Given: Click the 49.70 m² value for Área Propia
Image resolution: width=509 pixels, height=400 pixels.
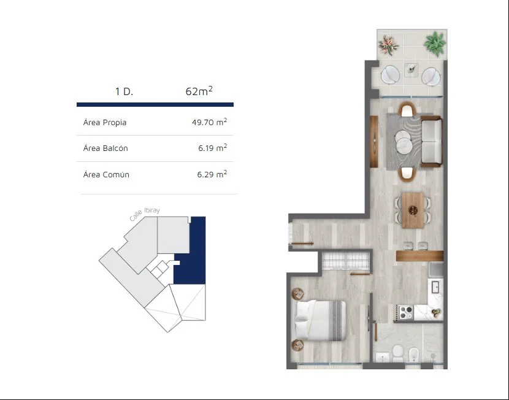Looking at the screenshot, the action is (209, 122).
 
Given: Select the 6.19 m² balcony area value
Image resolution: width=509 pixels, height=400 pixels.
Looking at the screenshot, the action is (213, 148).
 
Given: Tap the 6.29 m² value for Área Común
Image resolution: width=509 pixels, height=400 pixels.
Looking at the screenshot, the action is (212, 174).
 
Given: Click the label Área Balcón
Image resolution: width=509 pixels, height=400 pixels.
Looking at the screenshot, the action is (105, 148).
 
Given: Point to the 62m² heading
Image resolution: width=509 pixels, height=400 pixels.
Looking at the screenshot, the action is (199, 91).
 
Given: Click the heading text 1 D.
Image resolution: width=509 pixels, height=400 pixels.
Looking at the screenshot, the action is (124, 91).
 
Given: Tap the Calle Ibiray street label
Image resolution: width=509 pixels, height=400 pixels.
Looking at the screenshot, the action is (145, 213).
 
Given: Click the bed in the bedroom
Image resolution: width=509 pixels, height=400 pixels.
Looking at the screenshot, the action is (320, 320).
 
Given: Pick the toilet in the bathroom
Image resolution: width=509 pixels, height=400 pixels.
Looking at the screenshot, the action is (397, 353).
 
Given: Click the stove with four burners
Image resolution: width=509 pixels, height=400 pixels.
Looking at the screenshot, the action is (405, 313).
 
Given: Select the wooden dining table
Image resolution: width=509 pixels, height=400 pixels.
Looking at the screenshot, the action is (413, 210).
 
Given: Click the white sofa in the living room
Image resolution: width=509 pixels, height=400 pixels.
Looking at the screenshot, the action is (431, 141).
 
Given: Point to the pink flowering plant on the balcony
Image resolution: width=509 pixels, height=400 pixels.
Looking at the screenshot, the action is (388, 45).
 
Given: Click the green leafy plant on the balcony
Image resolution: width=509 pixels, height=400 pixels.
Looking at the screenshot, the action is (434, 43).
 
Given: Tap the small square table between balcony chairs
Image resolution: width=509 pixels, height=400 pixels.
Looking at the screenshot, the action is (411, 69).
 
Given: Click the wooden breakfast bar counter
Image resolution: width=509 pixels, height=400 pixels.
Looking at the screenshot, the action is (419, 255).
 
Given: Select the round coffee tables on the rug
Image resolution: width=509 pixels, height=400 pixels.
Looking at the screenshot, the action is (404, 141).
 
